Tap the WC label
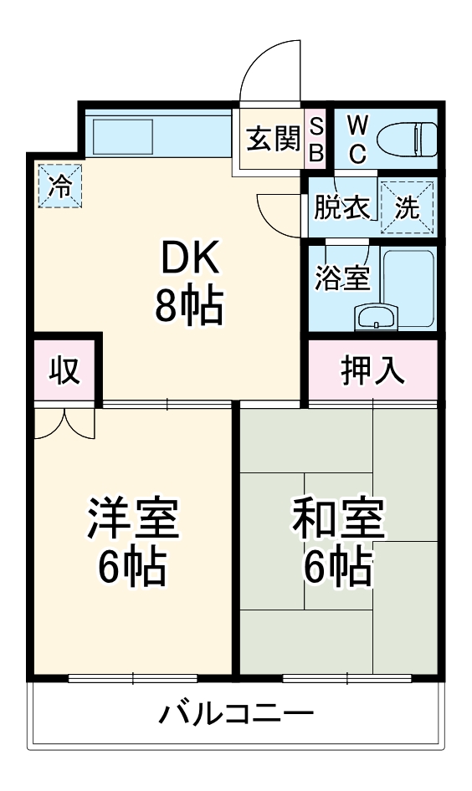[x=357, y=139]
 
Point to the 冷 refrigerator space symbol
[x=59, y=186]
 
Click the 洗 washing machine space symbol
[x=408, y=207]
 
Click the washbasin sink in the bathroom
[x=378, y=317]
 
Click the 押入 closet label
[x=372, y=370]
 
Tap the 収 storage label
[x=64, y=370]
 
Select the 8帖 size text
[x=189, y=307]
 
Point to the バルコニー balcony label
[x=237, y=715]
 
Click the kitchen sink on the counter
[x=122, y=135]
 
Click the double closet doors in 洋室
[x=65, y=421]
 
